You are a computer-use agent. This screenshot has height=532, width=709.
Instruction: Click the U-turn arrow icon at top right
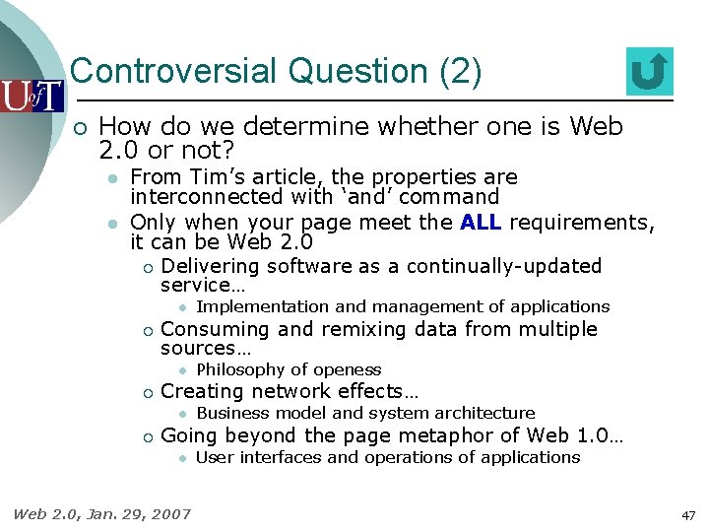[649, 72]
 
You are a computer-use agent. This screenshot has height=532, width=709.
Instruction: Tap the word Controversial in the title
[173, 72]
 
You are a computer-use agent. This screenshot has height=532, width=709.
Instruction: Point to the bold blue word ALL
[481, 223]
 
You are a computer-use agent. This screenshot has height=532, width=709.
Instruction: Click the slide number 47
[687, 515]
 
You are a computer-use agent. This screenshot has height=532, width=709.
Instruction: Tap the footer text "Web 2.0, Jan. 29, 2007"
[101, 513]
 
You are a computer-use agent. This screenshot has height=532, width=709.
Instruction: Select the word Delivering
[210, 266]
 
